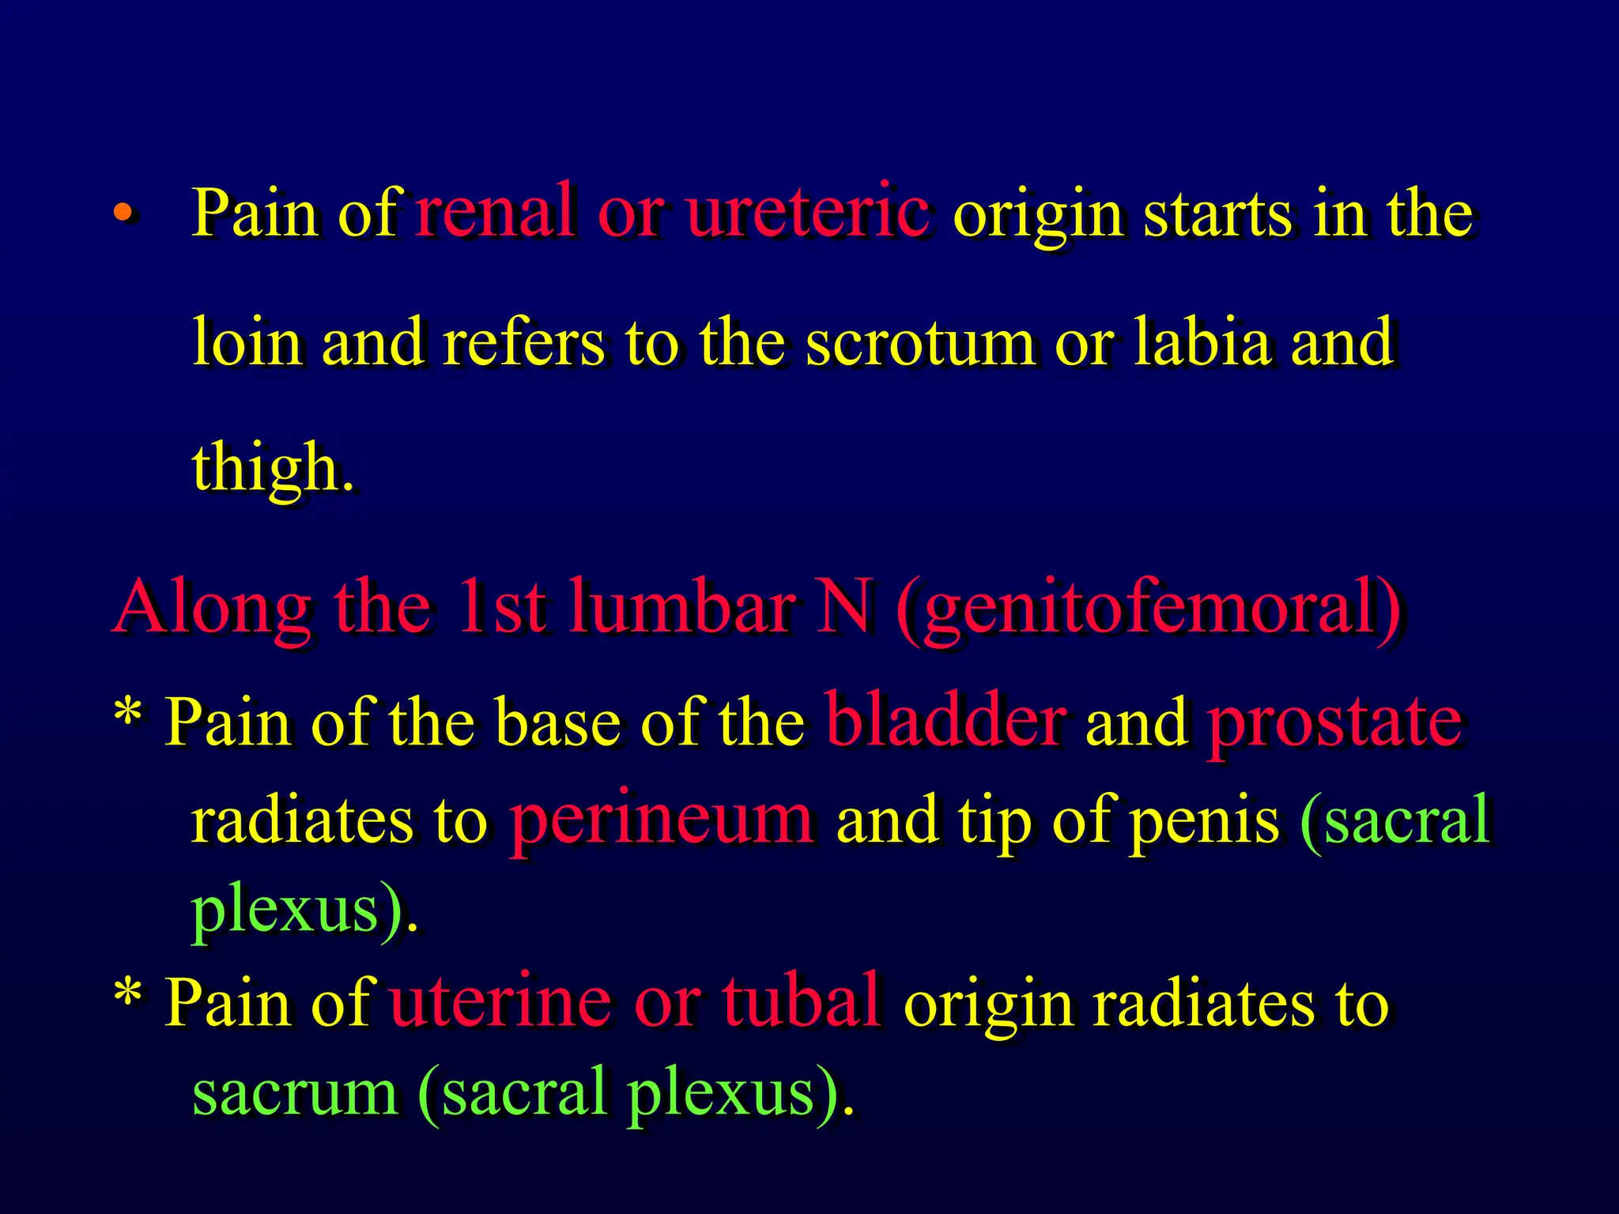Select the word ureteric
coord(807,210)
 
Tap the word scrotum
coord(920,343)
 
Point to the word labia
coord(1202,341)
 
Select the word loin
coord(247,341)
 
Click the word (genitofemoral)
coord(1149,609)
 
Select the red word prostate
coord(1335,721)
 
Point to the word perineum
coord(661,820)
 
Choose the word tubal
coord(801,999)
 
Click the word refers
coord(523,341)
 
